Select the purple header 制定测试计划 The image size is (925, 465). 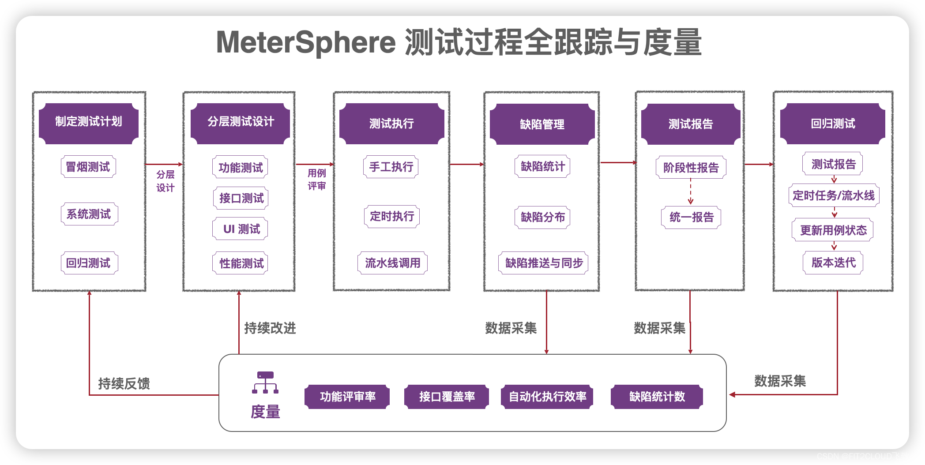(x=89, y=122)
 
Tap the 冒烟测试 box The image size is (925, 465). (x=88, y=167)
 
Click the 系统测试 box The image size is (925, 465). (x=89, y=214)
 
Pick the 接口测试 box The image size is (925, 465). (x=241, y=198)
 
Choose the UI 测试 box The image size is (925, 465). (x=241, y=229)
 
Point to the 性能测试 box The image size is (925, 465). (x=241, y=263)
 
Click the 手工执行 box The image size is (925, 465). (x=391, y=167)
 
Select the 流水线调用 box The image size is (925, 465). (x=392, y=263)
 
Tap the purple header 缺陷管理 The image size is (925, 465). (x=542, y=124)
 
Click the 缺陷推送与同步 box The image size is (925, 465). (x=544, y=263)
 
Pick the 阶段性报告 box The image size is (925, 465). (x=691, y=168)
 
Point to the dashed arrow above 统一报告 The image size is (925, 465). (x=691, y=192)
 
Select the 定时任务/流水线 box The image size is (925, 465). (x=834, y=195)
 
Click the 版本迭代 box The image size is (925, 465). (x=833, y=263)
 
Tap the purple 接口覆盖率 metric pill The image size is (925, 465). (x=447, y=397)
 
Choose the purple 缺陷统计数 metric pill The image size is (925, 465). (x=657, y=397)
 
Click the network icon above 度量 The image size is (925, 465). (x=265, y=382)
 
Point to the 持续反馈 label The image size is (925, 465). (x=124, y=383)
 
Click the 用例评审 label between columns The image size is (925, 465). (x=316, y=180)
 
